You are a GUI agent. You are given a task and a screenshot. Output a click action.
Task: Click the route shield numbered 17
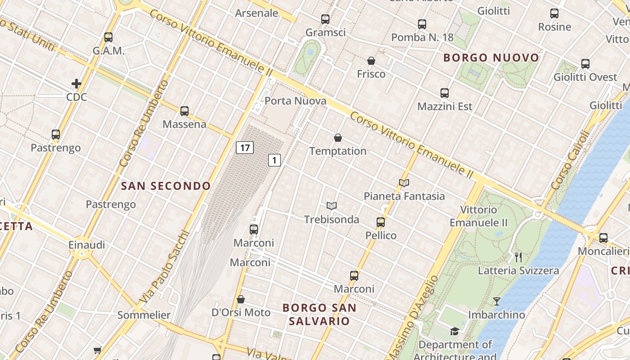pos(245,147)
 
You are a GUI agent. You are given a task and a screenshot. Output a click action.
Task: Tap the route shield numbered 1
pos(274,160)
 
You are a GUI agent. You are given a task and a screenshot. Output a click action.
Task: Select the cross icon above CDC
pos(76,83)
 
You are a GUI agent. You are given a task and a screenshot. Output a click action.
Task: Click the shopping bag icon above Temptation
pos(338,138)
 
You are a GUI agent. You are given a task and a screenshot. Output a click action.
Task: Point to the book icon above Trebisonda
pos(332,206)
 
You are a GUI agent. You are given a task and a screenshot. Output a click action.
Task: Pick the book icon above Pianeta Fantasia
pos(404,183)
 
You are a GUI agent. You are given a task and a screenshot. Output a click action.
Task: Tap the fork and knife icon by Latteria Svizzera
pos(518,257)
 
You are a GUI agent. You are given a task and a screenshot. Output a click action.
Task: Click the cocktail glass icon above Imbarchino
pos(497,301)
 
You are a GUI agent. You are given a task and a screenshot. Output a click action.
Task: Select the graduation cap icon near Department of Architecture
pos(454,332)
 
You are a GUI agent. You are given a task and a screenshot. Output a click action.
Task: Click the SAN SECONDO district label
pos(166,186)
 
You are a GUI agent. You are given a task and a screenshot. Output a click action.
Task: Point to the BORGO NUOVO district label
pos(491,58)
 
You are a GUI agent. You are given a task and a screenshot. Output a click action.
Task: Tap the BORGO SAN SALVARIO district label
pos(319,315)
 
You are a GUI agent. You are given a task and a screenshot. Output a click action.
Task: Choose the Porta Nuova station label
pos(295,101)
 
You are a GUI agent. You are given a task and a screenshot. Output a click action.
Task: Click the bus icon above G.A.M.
pos(108,37)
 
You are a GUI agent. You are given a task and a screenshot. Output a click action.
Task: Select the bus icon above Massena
pos(184,111)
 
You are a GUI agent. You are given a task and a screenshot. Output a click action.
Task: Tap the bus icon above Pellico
pos(381,222)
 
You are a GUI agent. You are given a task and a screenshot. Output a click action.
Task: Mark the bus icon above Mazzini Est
pos(445,93)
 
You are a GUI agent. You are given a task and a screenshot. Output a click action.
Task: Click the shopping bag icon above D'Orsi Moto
pos(241,299)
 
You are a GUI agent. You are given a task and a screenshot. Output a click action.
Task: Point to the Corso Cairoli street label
pos(570,160)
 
